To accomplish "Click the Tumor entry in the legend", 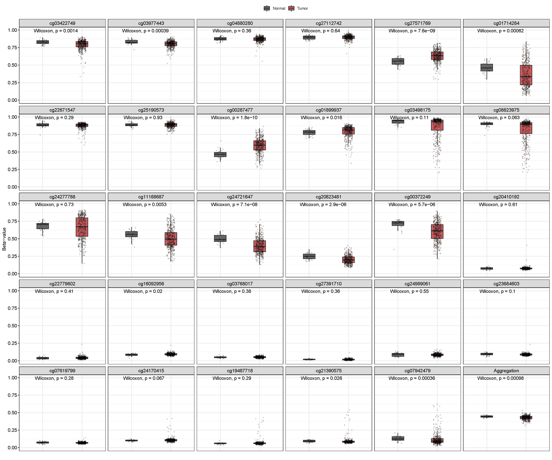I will [298, 8].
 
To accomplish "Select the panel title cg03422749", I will [62, 23].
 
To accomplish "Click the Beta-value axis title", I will [4, 239].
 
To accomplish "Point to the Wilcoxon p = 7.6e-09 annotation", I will [412, 31].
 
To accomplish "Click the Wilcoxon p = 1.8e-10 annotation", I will [234, 117].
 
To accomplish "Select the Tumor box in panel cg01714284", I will [526, 75].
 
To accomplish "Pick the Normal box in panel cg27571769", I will [398, 61].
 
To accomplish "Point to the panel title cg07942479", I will [417, 371].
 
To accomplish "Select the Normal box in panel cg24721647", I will [220, 238].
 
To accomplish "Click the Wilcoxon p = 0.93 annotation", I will [143, 117].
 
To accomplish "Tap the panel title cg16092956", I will [151, 284].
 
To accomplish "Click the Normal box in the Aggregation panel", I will [487, 416].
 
